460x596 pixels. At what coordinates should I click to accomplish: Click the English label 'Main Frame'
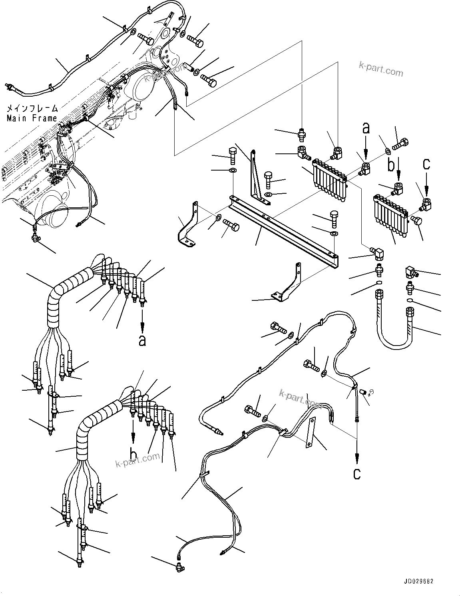(32, 118)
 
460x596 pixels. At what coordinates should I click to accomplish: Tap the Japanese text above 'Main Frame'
(32, 109)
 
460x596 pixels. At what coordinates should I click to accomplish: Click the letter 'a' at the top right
(366, 128)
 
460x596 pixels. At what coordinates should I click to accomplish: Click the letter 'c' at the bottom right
(357, 473)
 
